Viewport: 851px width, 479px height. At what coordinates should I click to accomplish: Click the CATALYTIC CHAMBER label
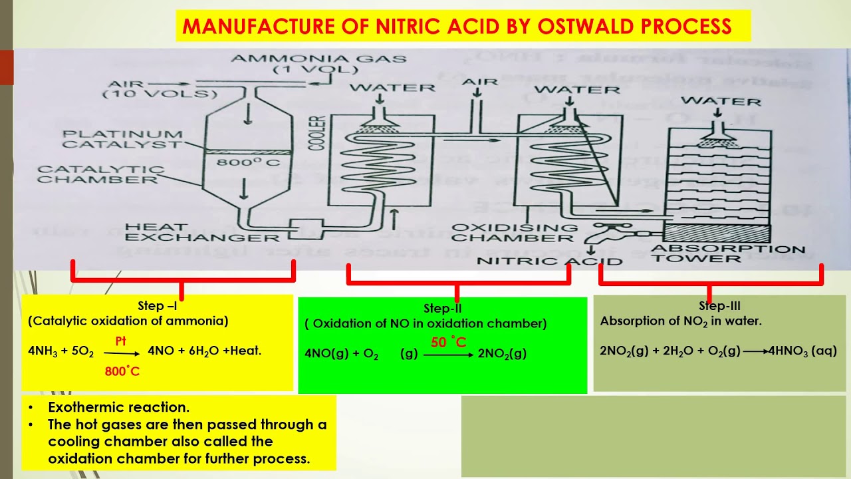point(100,174)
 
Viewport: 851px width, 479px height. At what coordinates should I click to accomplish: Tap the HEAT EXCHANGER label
point(202,232)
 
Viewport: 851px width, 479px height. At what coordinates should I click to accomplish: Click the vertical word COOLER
point(317,132)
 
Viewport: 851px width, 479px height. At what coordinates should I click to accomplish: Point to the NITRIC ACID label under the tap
point(549,261)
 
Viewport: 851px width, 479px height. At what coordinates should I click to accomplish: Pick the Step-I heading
point(158,307)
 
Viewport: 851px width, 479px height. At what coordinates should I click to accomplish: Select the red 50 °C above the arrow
point(448,343)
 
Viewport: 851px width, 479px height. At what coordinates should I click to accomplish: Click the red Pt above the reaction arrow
point(120,341)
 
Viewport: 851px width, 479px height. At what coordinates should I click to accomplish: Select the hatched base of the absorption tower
point(717,234)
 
